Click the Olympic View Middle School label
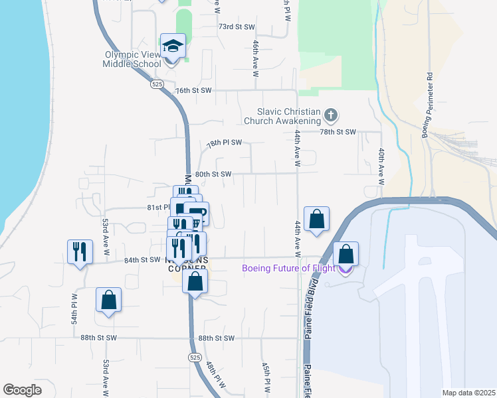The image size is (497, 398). [x=132, y=60]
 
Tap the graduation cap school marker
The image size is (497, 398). [x=173, y=46]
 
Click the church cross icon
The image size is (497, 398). [x=330, y=117]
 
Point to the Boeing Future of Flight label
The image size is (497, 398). [x=290, y=268]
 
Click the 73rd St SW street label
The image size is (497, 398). [x=237, y=27]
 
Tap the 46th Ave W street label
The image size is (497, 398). [x=255, y=57]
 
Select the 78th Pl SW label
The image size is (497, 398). [x=224, y=143]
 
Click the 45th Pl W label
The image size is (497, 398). [x=266, y=378]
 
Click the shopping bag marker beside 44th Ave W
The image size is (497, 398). [x=318, y=220]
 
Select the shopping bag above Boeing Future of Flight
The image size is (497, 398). [x=346, y=254]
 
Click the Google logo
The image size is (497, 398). [x=23, y=389]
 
